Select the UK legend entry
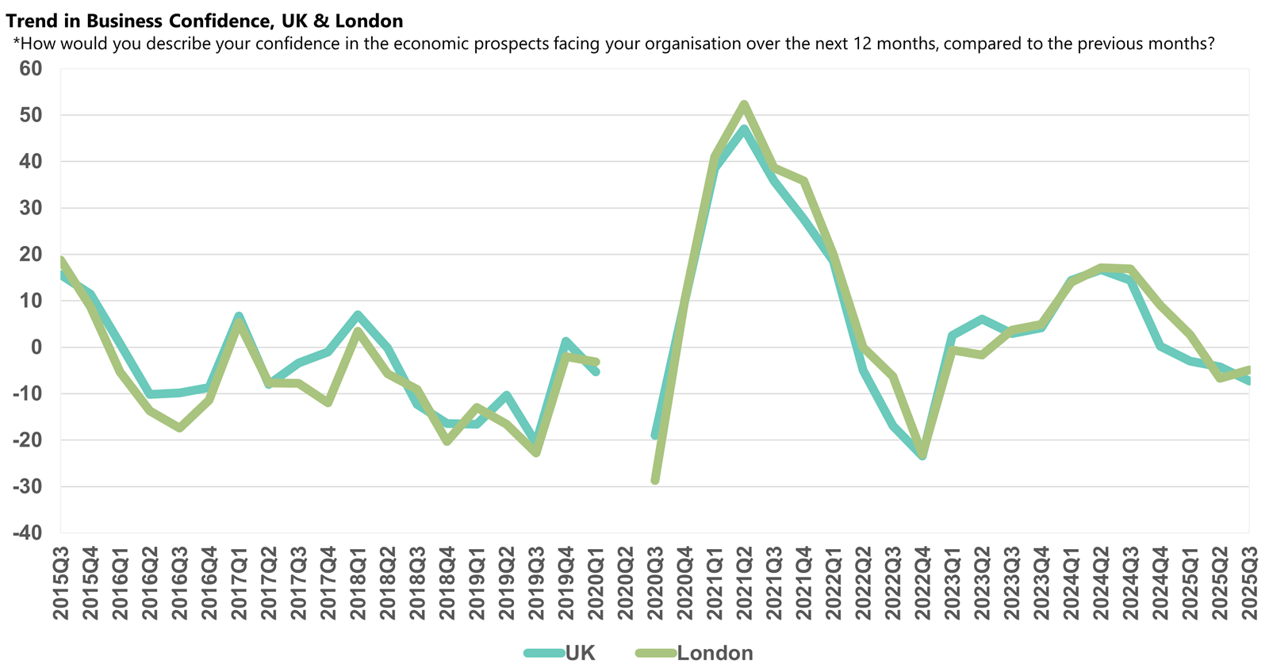[579, 653]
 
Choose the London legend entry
[714, 653]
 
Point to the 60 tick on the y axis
[31, 69]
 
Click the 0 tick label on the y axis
[36, 348]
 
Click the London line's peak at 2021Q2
[744, 104]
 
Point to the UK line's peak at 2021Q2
[744, 129]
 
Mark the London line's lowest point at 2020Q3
[655, 480]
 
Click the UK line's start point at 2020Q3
[655, 436]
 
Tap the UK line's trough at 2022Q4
[922, 456]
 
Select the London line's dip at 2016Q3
[180, 428]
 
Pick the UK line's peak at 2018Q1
[358, 315]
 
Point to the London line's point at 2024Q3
[1130, 269]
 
